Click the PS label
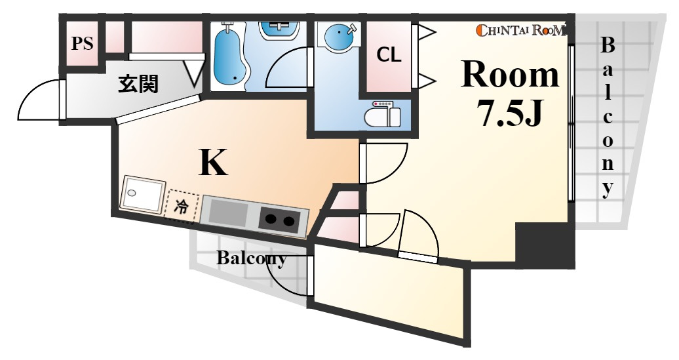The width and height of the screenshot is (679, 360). [x=83, y=43]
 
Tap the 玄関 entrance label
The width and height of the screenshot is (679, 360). [x=138, y=84]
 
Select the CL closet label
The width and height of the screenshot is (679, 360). [x=389, y=54]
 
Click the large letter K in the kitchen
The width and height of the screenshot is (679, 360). [x=213, y=162]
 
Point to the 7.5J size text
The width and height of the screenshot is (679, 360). [x=510, y=112]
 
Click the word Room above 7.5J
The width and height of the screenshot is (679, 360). [x=510, y=75]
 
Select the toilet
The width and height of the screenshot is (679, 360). [x=382, y=113]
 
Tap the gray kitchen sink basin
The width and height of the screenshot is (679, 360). [x=228, y=213]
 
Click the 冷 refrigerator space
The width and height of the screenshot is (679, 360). [x=182, y=207]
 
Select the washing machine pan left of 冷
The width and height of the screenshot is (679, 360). [x=144, y=194]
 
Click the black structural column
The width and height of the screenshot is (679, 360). [x=545, y=246]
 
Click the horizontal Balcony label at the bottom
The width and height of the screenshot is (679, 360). [x=251, y=258]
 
